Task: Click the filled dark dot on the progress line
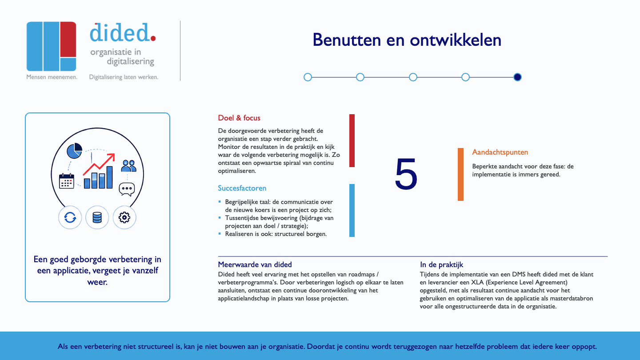(x=517, y=77)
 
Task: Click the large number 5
(x=406, y=174)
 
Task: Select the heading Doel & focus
(x=239, y=118)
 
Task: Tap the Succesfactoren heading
(x=242, y=188)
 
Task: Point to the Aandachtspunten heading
(x=500, y=152)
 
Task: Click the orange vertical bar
(x=460, y=174)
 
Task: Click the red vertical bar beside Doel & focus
(x=352, y=140)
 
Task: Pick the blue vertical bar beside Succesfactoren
(x=352, y=210)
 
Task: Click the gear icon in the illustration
(x=124, y=217)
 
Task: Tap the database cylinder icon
(x=97, y=217)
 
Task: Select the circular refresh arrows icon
(x=70, y=217)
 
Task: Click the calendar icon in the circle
(x=67, y=181)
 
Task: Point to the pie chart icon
(x=74, y=151)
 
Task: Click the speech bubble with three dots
(x=127, y=189)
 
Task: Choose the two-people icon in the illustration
(x=128, y=166)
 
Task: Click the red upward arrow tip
(x=114, y=154)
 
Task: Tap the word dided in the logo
(x=120, y=32)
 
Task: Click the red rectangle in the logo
(x=68, y=40)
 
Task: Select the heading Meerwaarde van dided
(x=255, y=264)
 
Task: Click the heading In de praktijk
(x=441, y=265)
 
